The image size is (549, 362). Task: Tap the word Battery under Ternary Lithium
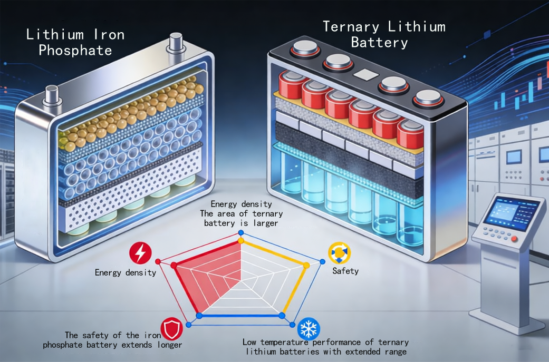click(379, 43)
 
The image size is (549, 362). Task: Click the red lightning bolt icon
click(140, 253)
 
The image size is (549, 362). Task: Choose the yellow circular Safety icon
click(338, 253)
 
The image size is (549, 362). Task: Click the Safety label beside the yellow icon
click(345, 271)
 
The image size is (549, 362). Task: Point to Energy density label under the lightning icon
click(126, 272)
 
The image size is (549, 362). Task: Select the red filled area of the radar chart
click(211, 274)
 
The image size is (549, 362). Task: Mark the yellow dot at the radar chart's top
click(241, 241)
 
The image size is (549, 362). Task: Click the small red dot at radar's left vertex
click(158, 262)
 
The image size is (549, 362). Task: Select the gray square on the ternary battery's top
click(364, 74)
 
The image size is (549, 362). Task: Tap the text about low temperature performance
click(325, 347)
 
